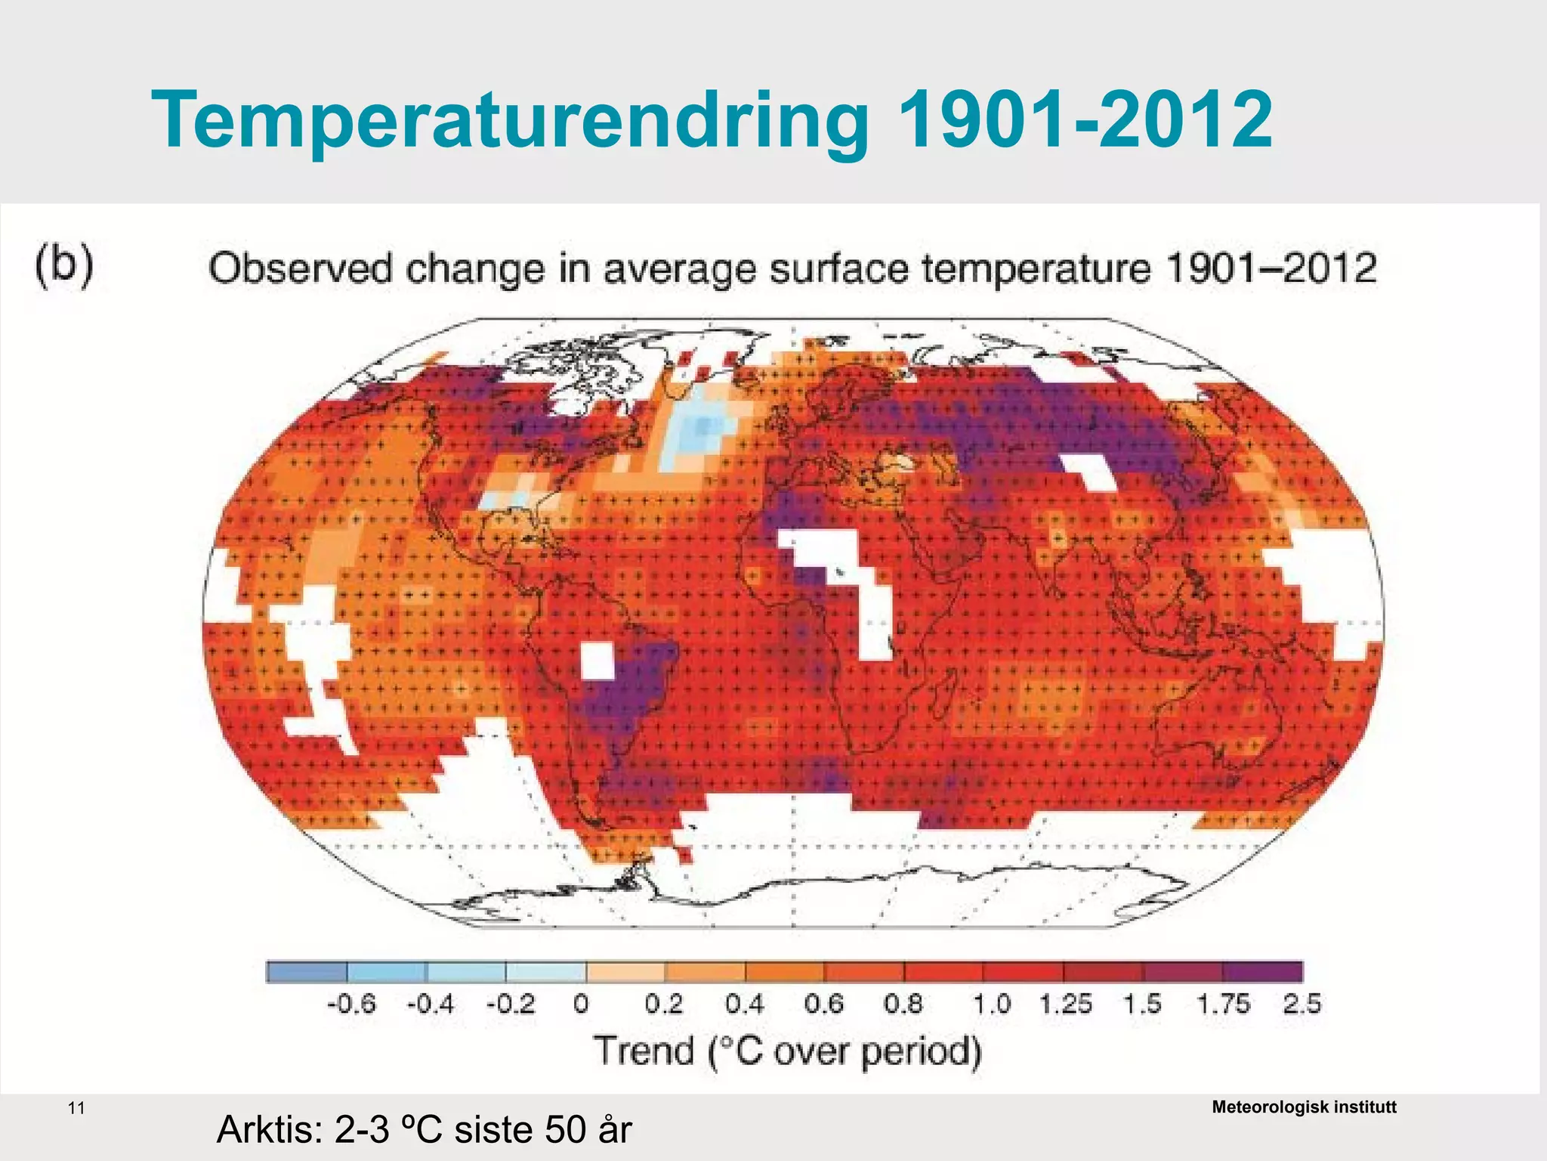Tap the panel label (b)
(64, 264)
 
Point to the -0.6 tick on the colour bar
(351, 1005)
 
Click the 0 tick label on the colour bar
(580, 1005)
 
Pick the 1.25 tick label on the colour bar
(1065, 1005)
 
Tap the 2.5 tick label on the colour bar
(1302, 1005)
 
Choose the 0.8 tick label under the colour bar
(903, 1005)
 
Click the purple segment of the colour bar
(1262, 971)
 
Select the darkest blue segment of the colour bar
(307, 971)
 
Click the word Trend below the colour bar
(644, 1051)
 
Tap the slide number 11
(76, 1109)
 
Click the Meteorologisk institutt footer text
(1304, 1107)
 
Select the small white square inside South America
(597, 661)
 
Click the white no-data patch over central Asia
(1088, 472)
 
